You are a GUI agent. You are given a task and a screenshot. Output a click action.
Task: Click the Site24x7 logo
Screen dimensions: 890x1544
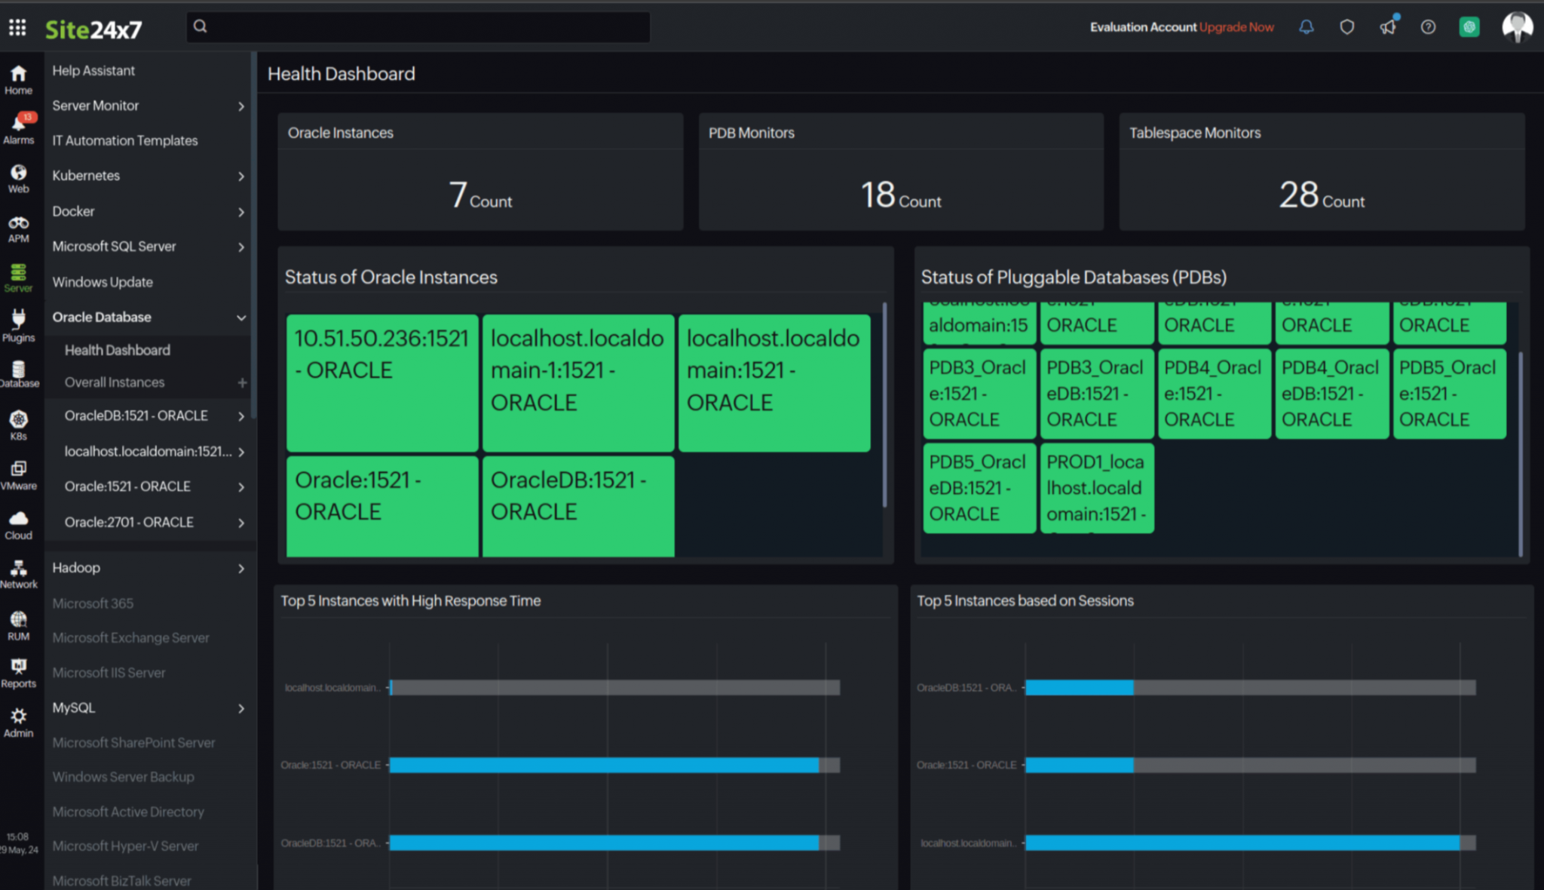coord(93,29)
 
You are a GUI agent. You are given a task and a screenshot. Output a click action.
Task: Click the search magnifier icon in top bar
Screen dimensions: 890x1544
coord(200,26)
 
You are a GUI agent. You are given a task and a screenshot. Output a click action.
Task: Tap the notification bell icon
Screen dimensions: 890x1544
coord(1306,27)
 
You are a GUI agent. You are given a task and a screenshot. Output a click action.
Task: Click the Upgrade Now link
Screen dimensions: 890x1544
coord(1236,27)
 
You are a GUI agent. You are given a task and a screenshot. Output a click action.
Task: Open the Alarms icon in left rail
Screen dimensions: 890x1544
coord(19,127)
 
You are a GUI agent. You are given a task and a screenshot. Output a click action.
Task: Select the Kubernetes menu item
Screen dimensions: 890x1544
coord(86,176)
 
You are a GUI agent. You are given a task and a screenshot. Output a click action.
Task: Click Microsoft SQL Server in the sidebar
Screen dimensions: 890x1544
coord(114,247)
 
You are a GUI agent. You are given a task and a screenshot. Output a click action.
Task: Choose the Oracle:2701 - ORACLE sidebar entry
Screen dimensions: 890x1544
coord(129,522)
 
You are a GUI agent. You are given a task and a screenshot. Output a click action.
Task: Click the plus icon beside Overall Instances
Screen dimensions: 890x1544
coord(242,382)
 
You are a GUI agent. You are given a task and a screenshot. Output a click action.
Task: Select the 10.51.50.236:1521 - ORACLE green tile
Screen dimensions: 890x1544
coord(381,382)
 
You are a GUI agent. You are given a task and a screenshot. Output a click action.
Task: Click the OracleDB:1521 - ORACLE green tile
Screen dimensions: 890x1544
coord(577,505)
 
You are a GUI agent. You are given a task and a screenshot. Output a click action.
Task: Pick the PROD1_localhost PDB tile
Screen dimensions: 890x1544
coord(1096,488)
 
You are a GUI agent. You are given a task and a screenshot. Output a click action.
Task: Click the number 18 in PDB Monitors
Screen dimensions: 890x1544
coord(878,195)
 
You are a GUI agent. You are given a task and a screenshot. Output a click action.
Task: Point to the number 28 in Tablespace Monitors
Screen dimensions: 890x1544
coord(1298,195)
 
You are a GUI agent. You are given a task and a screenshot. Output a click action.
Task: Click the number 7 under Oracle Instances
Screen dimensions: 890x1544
coord(458,195)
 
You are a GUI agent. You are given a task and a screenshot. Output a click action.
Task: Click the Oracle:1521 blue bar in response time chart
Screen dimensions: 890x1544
coord(603,765)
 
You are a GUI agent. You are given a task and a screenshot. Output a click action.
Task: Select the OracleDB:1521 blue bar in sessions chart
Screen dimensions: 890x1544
coord(1079,687)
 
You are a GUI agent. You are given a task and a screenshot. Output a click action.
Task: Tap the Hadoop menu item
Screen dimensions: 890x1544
coord(76,568)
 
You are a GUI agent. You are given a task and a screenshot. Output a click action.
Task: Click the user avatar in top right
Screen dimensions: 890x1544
coord(1516,27)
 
